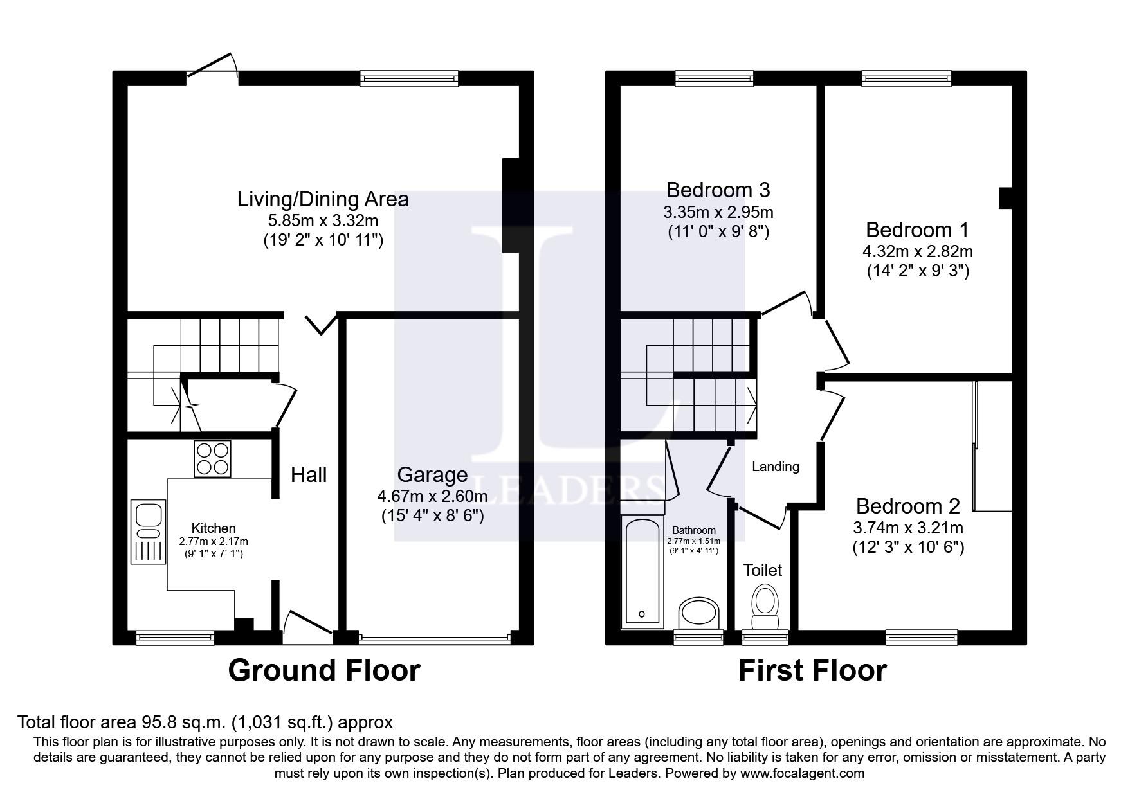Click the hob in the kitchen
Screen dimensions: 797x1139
[x=212, y=458]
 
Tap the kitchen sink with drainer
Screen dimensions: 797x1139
[x=148, y=532]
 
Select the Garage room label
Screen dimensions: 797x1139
[x=432, y=475]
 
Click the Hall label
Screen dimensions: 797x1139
[x=309, y=475]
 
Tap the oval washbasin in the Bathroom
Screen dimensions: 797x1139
[x=700, y=612]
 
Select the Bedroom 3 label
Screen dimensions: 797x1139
[x=718, y=190]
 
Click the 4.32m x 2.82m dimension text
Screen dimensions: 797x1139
[x=918, y=251]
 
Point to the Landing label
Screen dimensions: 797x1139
[x=776, y=467]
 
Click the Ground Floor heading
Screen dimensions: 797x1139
[x=324, y=670]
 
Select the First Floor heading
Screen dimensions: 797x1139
[x=812, y=670]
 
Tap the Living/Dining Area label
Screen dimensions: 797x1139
[x=323, y=199]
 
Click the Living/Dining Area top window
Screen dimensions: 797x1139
[x=410, y=78]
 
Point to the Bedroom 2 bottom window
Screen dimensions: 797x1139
[x=922, y=636]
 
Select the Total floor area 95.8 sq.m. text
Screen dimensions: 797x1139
[x=205, y=722]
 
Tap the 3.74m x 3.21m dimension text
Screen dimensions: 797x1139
[x=907, y=528]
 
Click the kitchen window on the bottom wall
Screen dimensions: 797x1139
[x=175, y=636]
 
